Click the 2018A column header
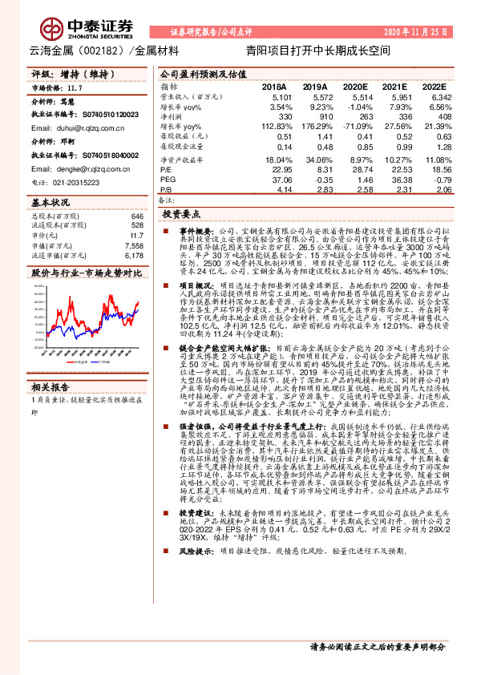tap(273, 85)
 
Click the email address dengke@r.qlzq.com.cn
tap(83, 169)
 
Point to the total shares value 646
tap(136, 216)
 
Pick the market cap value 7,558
tap(134, 245)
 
